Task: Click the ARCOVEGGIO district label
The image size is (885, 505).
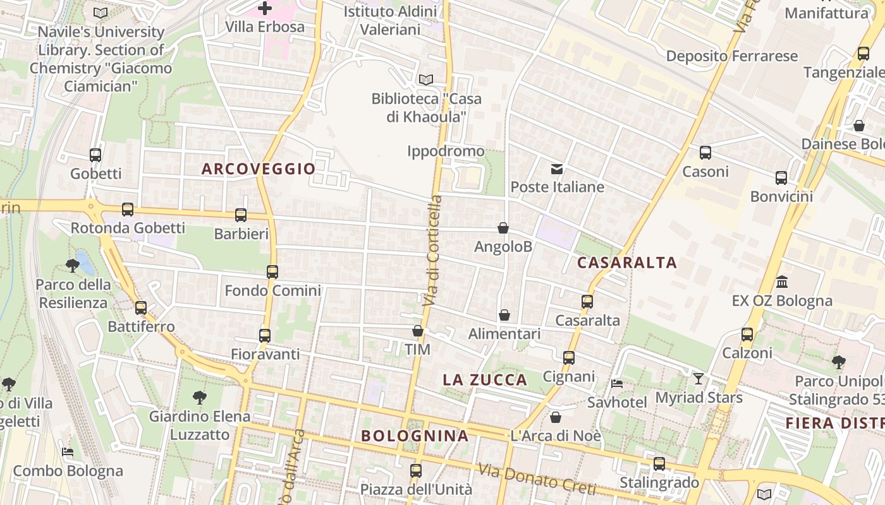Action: (258, 169)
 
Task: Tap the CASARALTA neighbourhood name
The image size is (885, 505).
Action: (627, 263)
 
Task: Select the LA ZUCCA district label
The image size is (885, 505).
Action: (485, 379)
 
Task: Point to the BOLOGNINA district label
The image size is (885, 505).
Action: (415, 436)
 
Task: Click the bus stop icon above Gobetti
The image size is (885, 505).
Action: (95, 155)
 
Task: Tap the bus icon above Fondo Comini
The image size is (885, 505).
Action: (272, 272)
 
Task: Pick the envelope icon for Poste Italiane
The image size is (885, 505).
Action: (557, 169)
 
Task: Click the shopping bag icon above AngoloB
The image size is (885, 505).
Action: (503, 228)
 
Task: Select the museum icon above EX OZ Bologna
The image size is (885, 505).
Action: (782, 282)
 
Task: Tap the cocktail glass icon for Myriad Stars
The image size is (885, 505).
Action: (699, 379)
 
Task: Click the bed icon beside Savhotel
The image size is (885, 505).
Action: (617, 383)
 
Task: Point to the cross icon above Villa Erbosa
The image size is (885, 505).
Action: (265, 8)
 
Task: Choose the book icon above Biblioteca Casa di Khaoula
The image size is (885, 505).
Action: (426, 80)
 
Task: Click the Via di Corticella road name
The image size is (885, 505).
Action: (433, 251)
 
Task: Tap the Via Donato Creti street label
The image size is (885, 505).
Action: (537, 480)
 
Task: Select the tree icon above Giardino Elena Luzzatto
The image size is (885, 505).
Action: (200, 398)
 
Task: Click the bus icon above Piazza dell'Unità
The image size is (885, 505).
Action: (416, 470)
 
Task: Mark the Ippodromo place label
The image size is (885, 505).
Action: (446, 151)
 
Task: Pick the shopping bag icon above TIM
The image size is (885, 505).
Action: (418, 331)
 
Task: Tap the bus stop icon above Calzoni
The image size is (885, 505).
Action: (747, 335)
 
